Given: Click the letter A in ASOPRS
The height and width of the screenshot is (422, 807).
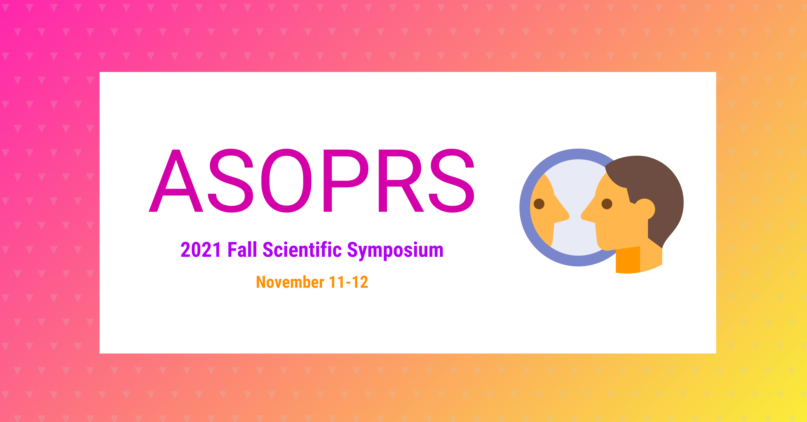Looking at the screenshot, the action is pyautogui.click(x=176, y=181).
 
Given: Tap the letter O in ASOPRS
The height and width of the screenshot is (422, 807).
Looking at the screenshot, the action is pyautogui.click(x=286, y=181).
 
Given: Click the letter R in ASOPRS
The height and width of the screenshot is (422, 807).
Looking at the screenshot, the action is pyautogui.click(x=401, y=181).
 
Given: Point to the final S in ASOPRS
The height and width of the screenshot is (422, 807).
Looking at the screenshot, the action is pyautogui.click(x=451, y=181).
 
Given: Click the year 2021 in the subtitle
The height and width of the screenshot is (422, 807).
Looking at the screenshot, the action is pyautogui.click(x=201, y=250).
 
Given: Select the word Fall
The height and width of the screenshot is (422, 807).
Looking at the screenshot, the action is pyautogui.click(x=242, y=250).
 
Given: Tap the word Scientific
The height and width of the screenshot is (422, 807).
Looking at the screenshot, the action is pyautogui.click(x=302, y=250).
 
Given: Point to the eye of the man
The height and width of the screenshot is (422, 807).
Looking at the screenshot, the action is pyautogui.click(x=607, y=204).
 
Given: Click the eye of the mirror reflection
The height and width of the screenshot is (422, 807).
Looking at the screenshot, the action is pyautogui.click(x=539, y=204).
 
